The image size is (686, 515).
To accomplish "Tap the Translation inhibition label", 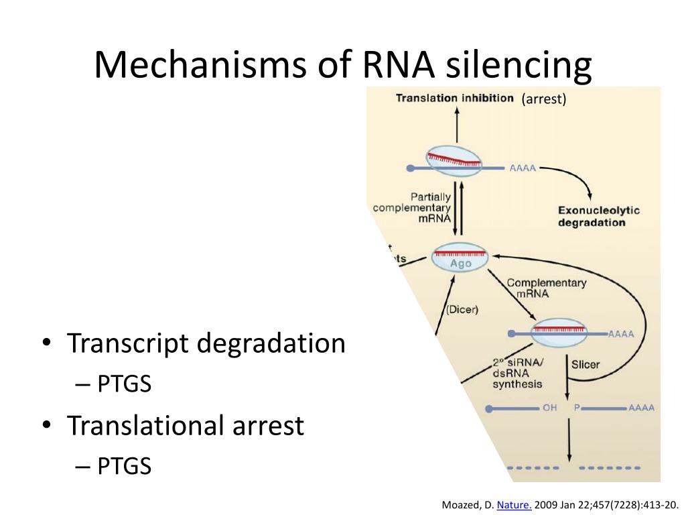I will pos(454,98).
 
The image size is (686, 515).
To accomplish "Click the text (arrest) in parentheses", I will pos(544,99).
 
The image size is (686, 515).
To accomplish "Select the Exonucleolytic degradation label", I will pos(598,216).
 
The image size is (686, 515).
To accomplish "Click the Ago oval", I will pos(460,257).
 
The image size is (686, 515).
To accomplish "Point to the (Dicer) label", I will pos(462,310).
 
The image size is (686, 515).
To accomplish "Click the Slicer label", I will pos(585,365).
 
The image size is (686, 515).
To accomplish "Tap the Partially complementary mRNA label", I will pos(412,207).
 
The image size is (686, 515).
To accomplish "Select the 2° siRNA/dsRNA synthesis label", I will pos(517,374).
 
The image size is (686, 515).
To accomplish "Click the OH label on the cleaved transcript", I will pos(549,408).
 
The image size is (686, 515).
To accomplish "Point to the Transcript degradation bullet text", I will pos(206,344).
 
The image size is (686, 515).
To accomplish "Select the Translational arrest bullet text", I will pos(185,426).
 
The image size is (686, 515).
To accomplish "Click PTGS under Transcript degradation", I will pos(125,384).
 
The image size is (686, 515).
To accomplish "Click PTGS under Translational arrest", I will pos(125,466).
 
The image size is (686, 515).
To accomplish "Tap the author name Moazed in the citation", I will pos(462,505).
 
